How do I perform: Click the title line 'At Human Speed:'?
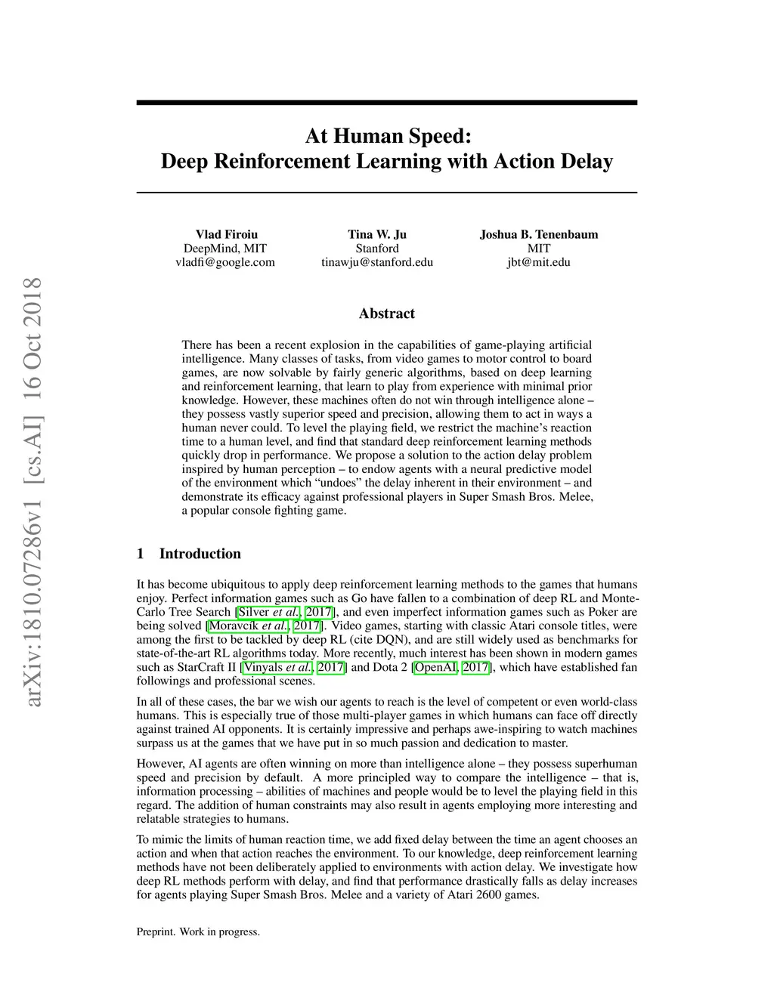[387, 136]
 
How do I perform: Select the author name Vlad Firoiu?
[227, 234]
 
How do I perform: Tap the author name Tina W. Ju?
[377, 234]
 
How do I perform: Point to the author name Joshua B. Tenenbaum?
[539, 234]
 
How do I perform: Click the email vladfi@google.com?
[225, 262]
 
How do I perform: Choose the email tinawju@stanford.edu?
[377, 262]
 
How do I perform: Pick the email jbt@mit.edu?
[539, 262]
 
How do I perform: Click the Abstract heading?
[387, 314]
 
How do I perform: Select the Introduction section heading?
[200, 554]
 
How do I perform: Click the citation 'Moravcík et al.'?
[248, 626]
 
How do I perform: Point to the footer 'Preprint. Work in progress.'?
[198, 932]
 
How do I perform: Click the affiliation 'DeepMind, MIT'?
[225, 249]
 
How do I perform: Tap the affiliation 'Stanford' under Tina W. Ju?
[377, 249]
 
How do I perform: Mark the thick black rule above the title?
[387, 102]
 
